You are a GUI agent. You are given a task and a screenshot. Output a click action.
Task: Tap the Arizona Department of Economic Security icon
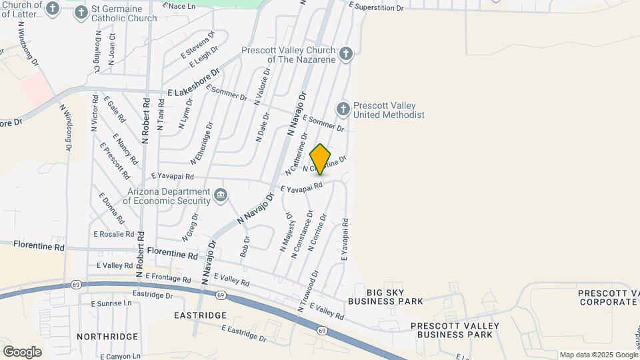[221, 196]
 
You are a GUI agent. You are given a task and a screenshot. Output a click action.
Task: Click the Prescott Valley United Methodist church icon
[343, 109]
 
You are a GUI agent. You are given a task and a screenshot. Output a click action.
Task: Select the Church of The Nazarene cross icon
[345, 54]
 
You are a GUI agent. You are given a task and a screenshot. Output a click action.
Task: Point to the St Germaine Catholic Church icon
[81, 11]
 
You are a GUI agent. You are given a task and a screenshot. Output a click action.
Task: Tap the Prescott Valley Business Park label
[455, 329]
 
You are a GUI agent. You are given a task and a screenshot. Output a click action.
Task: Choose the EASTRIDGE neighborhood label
[200, 315]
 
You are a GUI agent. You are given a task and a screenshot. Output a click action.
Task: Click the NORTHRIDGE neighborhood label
[107, 337]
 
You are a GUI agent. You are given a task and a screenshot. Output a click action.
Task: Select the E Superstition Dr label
[377, 7]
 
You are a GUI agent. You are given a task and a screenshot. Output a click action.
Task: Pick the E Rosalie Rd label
[114, 234]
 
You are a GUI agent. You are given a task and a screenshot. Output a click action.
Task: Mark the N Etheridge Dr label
[201, 143]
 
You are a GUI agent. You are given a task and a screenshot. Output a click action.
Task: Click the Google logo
[22, 351]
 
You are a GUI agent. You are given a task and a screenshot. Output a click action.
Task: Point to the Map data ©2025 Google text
[598, 355]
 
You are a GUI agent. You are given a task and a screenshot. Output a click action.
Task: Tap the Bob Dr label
[245, 247]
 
